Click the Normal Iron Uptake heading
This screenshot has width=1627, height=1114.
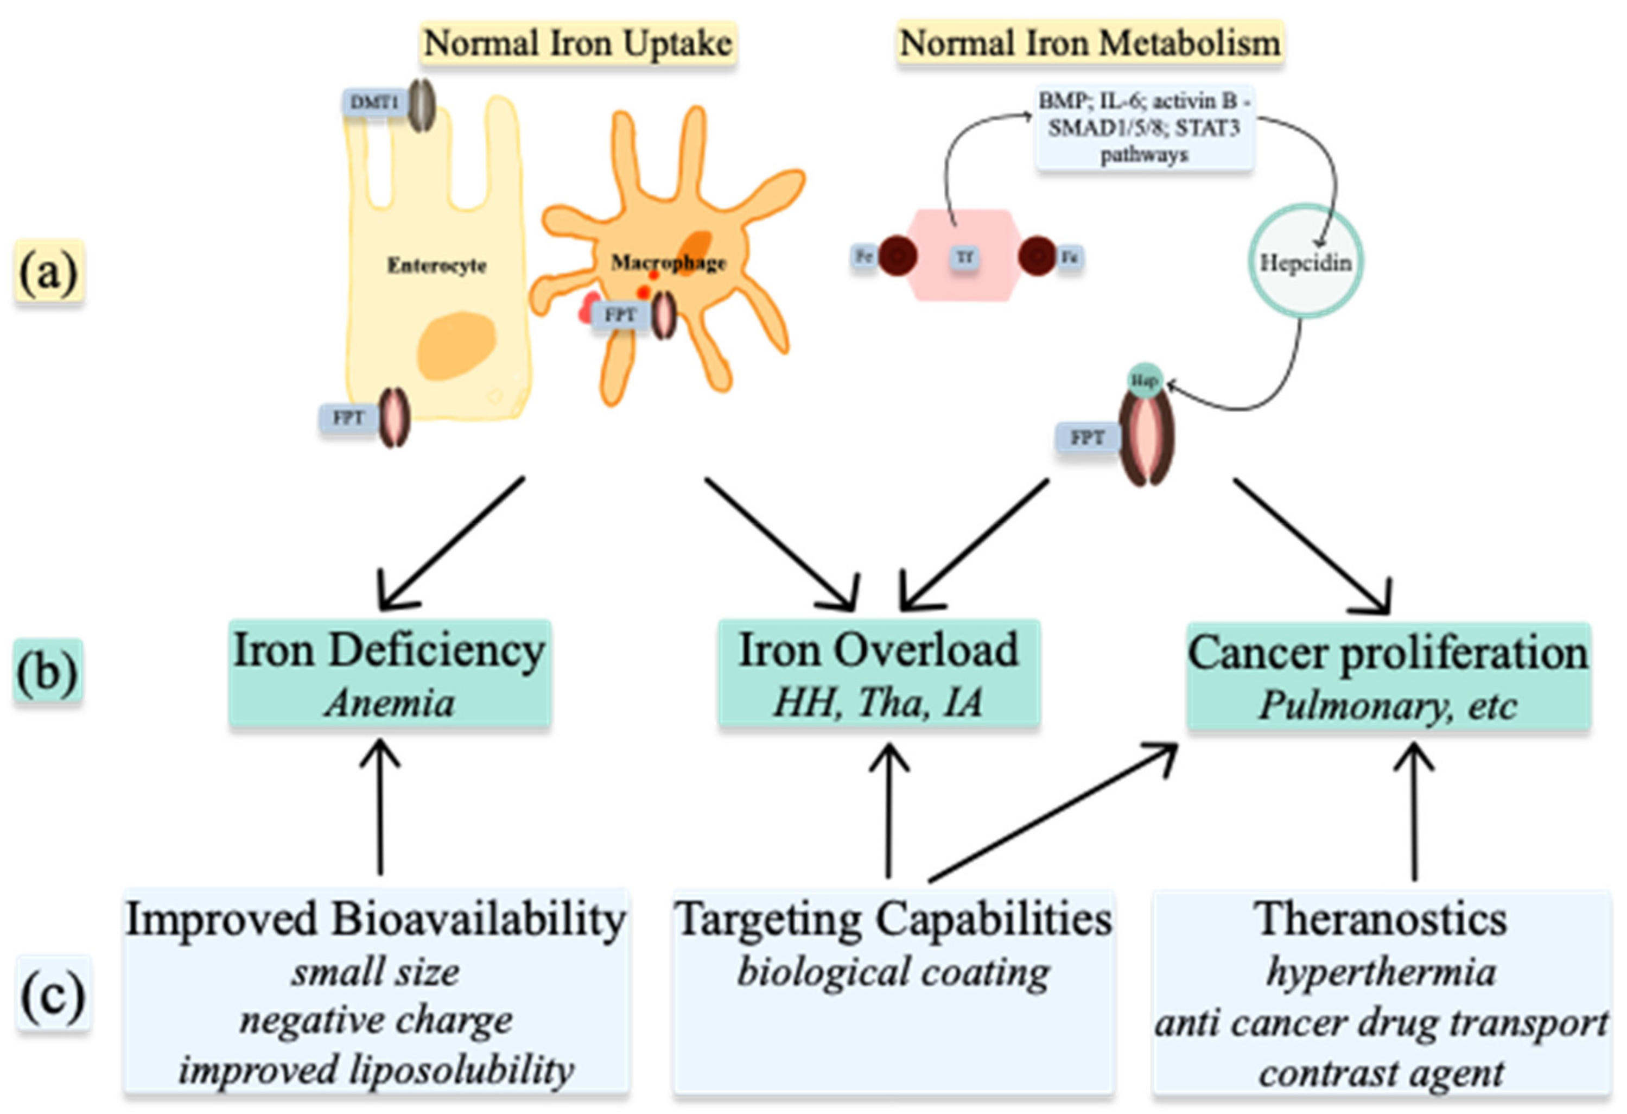(579, 43)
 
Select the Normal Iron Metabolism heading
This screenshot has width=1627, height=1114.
(1090, 43)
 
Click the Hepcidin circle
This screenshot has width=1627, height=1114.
(1306, 262)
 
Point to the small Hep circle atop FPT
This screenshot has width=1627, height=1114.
(1145, 380)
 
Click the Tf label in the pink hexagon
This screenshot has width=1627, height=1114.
(965, 257)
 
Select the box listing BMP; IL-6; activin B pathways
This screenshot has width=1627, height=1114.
(1145, 128)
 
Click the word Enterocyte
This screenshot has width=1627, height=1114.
(436, 265)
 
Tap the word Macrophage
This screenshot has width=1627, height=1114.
(668, 263)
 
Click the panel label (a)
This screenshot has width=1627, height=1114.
(48, 271)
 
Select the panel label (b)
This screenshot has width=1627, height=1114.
(48, 671)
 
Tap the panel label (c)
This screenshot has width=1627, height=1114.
(53, 994)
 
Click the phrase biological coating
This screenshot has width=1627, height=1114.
(893, 972)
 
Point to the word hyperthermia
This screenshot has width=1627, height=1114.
(1381, 972)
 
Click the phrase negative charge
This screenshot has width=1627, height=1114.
(376, 1020)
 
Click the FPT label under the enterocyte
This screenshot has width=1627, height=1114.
(348, 418)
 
